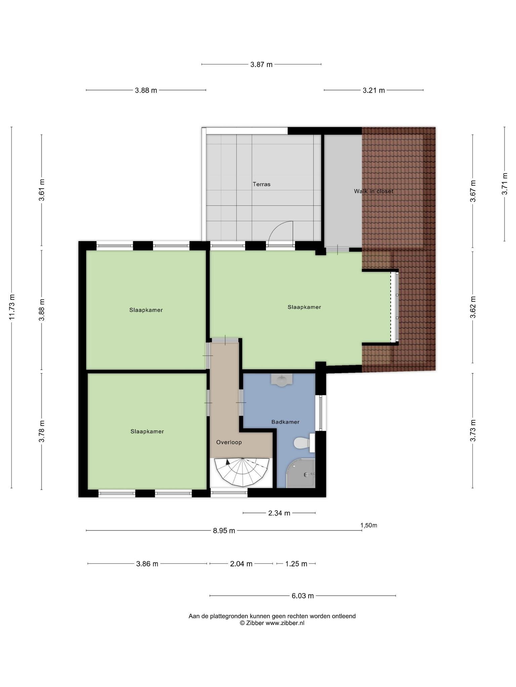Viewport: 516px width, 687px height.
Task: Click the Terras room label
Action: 261,184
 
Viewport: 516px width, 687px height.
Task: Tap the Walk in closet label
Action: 374,191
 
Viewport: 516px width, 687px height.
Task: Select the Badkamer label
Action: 285,422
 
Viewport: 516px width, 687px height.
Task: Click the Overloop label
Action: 229,442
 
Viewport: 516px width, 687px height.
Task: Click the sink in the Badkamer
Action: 282,380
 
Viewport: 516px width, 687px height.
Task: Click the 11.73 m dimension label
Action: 12,307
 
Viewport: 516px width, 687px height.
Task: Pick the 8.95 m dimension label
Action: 224,530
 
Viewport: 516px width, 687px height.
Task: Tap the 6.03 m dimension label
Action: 303,596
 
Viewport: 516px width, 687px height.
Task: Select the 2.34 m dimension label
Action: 279,513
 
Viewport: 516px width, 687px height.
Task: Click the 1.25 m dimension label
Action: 296,564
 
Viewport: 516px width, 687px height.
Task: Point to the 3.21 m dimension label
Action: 374,90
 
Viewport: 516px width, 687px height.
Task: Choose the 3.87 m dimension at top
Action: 261,64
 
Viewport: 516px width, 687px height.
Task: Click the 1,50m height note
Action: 369,525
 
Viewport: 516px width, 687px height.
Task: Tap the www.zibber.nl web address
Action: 285,623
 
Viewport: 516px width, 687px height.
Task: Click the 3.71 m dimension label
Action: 505,184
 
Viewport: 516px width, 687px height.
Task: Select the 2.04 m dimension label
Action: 241,564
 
